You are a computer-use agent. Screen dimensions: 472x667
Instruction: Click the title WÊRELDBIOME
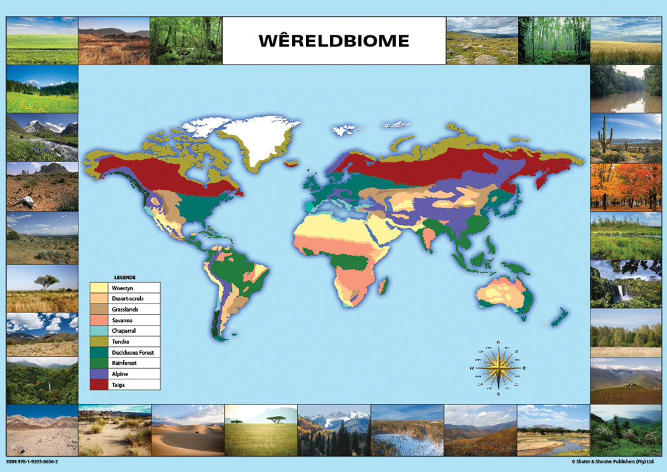pos(333,41)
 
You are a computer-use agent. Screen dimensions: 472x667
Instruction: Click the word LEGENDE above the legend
pos(125,277)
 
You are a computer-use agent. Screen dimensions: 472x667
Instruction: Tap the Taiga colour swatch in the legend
pos(99,385)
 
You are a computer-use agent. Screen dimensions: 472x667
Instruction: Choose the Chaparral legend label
pos(126,331)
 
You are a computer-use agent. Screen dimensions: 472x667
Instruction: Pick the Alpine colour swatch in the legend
pos(99,374)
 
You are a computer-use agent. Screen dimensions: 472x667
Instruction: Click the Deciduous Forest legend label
pos(134,353)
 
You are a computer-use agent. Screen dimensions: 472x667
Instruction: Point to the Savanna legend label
pos(124,320)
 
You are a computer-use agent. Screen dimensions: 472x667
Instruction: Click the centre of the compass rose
pos(497,367)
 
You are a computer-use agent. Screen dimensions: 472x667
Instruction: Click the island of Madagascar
pos(383,287)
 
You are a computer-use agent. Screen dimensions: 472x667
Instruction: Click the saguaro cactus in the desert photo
pos(604,134)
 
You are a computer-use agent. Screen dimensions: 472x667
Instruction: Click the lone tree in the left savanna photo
pos(47,282)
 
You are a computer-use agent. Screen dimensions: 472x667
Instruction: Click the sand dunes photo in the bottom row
pos(188,430)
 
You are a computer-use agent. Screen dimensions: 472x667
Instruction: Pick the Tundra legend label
pos(121,342)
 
